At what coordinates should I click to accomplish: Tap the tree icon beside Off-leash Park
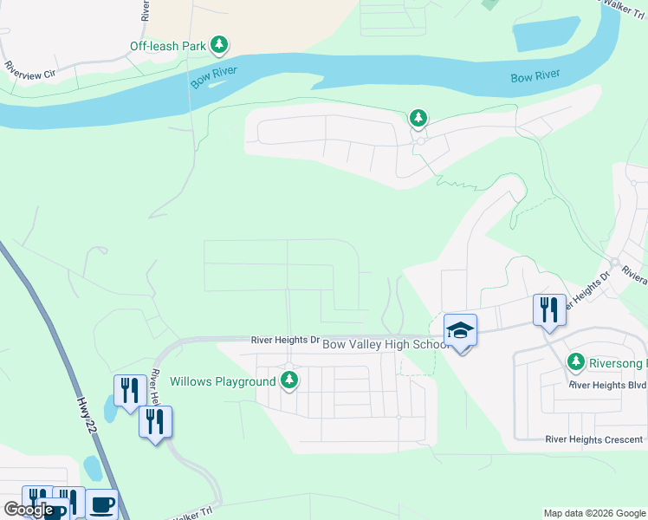point(220,44)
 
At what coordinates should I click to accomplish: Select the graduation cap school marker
point(460,330)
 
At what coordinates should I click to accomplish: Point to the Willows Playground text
point(222,381)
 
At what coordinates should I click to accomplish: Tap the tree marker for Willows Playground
point(289,380)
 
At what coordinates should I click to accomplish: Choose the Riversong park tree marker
point(574,361)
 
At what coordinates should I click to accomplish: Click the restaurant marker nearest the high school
point(549,309)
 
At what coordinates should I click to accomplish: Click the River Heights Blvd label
point(596,384)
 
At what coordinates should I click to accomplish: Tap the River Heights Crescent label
point(594,440)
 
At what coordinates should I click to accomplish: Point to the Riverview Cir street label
point(29,69)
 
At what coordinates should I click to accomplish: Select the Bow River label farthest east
point(535,77)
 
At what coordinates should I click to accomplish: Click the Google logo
point(28,510)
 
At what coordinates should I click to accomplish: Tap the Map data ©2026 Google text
point(593,513)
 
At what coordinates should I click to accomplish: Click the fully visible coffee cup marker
point(101,504)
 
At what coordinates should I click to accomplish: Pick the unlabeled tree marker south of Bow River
point(418,117)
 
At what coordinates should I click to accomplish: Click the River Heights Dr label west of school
point(286,341)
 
